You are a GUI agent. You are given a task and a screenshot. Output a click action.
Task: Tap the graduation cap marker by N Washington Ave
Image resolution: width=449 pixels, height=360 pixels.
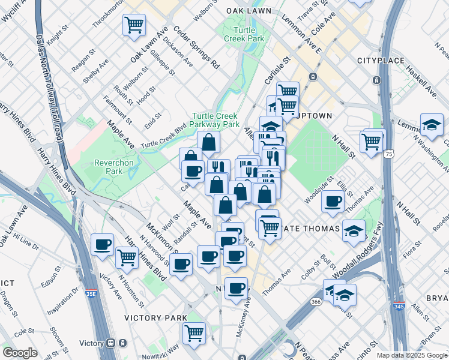tap(432, 125)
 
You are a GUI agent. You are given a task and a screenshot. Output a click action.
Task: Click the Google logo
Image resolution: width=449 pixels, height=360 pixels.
tap(20, 353)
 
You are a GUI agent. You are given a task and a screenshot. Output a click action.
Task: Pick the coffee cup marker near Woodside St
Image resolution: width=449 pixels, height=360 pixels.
tap(333, 202)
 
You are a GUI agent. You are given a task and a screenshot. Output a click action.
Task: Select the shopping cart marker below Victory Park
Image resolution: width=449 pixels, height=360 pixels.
tap(194, 333)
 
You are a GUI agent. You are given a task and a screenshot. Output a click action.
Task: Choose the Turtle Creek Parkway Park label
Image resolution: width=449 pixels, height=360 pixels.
tap(215, 120)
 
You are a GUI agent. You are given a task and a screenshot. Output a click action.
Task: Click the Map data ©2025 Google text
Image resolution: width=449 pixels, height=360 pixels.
tap(411, 355)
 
